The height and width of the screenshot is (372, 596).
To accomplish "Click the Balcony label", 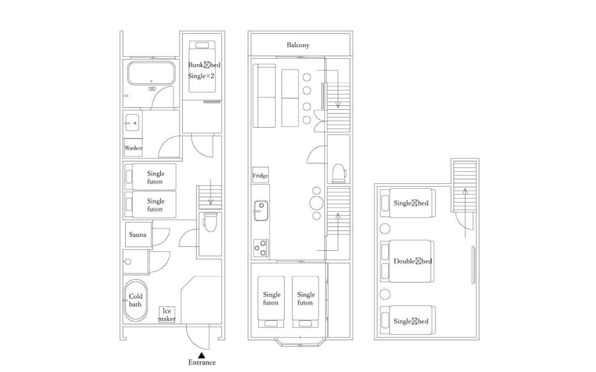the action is pyautogui.click(x=298, y=45).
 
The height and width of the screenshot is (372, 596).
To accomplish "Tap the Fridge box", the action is pyautogui.click(x=260, y=175).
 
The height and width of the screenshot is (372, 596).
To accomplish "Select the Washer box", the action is pyautogui.click(x=133, y=148).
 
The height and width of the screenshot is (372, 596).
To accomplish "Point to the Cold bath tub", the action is pyautogui.click(x=136, y=300).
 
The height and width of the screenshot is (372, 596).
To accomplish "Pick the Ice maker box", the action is pyautogui.click(x=167, y=314).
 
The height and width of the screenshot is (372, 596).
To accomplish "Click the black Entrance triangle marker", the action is pyautogui.click(x=202, y=355).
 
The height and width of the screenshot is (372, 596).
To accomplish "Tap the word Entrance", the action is pyautogui.click(x=202, y=363).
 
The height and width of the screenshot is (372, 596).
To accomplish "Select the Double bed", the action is pyautogui.click(x=407, y=261).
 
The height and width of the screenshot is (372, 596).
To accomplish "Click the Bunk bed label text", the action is pyautogui.click(x=204, y=65).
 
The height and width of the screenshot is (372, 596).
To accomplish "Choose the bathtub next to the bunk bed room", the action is pyautogui.click(x=151, y=73).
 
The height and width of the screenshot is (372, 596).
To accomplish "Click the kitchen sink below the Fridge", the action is pyautogui.click(x=261, y=211).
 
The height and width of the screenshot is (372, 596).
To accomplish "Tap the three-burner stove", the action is pyautogui.click(x=261, y=248).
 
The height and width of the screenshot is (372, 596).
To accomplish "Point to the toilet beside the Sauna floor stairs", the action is pyautogui.click(x=210, y=222).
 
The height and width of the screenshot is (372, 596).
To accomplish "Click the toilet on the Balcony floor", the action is pyautogui.click(x=339, y=173).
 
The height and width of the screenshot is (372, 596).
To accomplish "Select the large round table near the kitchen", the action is pyautogui.click(x=316, y=203).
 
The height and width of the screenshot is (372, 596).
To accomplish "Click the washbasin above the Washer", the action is pyautogui.click(x=132, y=123).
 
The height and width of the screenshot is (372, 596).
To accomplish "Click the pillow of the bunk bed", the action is pyautogui.click(x=202, y=45).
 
